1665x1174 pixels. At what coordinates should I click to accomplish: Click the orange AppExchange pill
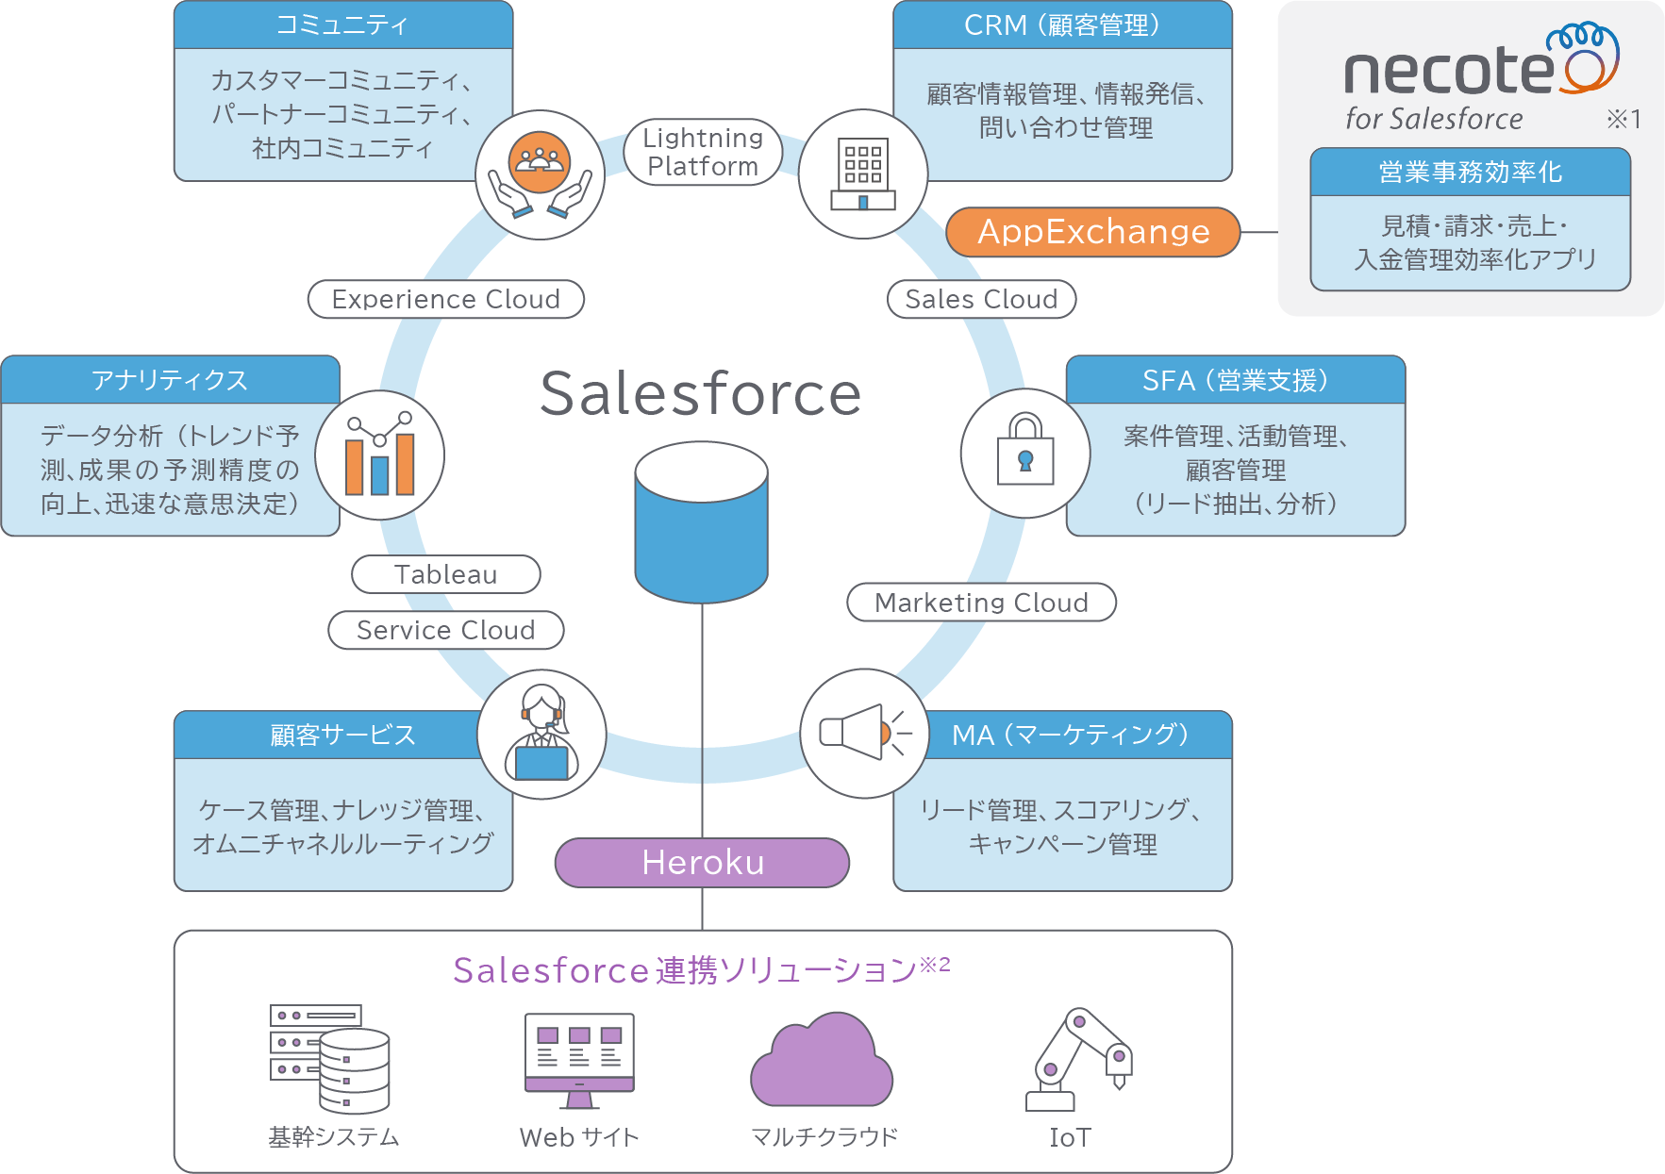[1092, 232]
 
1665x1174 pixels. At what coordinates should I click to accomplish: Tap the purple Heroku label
[702, 862]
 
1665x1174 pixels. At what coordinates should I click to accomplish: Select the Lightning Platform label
[703, 152]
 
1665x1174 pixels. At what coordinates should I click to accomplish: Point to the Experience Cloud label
[446, 299]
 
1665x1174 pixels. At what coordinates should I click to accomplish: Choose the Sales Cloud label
[981, 299]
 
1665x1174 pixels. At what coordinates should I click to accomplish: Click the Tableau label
[446, 574]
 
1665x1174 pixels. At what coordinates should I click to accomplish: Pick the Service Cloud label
[446, 630]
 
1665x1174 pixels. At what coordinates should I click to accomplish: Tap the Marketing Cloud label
[981, 603]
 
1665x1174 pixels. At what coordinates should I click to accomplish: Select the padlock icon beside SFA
[1025, 453]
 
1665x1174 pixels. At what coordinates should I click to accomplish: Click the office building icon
[862, 174]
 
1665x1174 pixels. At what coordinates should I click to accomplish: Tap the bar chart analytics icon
[379, 455]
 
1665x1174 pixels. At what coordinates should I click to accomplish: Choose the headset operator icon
[541, 734]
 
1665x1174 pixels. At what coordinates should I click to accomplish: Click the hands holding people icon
[540, 174]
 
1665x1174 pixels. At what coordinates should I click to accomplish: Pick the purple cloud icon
[821, 1060]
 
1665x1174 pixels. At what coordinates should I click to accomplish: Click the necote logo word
[1449, 72]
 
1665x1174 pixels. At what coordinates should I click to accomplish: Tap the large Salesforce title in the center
[701, 393]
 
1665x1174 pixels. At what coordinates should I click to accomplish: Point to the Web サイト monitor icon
[579, 1060]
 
